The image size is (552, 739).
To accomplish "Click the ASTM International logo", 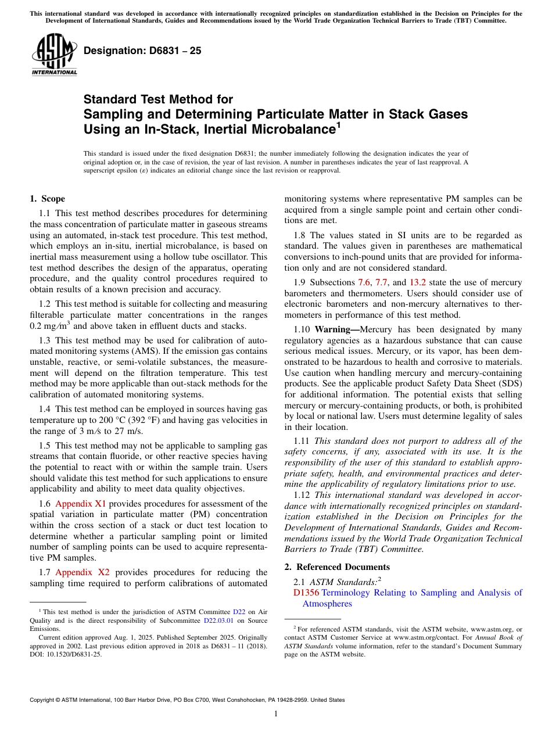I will point(54,55).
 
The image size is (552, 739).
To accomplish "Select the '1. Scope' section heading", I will point(47,199).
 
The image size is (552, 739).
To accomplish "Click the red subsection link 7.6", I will point(364,282).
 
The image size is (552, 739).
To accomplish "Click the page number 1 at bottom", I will point(275,714).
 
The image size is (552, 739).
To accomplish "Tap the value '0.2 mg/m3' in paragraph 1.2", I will point(50,326).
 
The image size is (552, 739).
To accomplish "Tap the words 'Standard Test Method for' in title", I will point(158,99).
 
